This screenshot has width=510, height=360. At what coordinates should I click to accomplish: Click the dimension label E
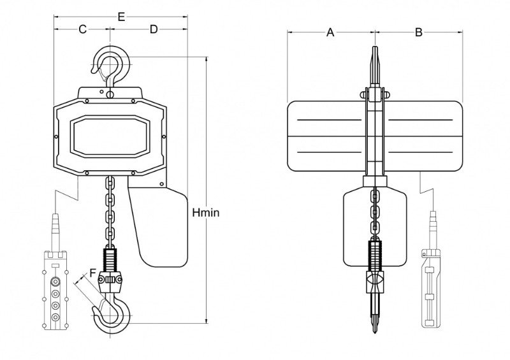click(121, 17)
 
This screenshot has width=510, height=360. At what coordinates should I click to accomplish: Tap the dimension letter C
click(83, 29)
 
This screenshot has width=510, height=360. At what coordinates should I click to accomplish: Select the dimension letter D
click(154, 29)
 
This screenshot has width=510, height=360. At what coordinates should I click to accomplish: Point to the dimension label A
click(330, 32)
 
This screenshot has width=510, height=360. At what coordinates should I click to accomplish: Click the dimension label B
click(419, 32)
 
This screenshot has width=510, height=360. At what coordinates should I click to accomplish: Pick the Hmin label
click(205, 213)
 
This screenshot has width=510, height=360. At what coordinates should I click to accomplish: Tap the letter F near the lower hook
click(93, 272)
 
